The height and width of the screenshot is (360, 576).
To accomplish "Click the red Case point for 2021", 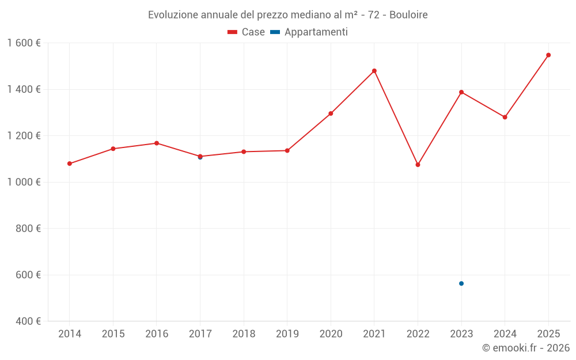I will (374, 71).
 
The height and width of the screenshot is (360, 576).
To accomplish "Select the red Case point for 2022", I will (418, 165).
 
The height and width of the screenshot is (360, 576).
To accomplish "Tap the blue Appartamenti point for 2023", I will (461, 283).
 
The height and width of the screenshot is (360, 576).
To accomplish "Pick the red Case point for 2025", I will (548, 55).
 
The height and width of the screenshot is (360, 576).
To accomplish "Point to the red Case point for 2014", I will (70, 164).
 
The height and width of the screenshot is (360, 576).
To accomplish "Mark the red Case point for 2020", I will (331, 113).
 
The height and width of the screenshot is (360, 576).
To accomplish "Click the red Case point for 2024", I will (505, 117).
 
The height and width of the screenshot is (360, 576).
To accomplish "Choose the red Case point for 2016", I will (157, 143).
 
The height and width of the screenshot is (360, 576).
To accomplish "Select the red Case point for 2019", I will (287, 151).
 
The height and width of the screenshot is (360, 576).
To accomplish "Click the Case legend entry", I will (247, 32).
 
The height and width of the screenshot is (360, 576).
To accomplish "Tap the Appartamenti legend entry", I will (309, 32).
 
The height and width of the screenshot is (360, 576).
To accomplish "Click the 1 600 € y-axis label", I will (24, 43).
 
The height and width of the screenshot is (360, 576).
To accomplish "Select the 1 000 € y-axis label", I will (24, 182).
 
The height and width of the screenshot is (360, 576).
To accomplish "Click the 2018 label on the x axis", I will (244, 334).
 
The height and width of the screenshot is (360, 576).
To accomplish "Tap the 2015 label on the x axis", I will (113, 334).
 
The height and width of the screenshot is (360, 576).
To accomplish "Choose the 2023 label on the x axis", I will (461, 334).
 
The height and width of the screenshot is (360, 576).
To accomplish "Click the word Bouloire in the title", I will (408, 14).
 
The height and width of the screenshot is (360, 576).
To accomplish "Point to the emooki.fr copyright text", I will (526, 348).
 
